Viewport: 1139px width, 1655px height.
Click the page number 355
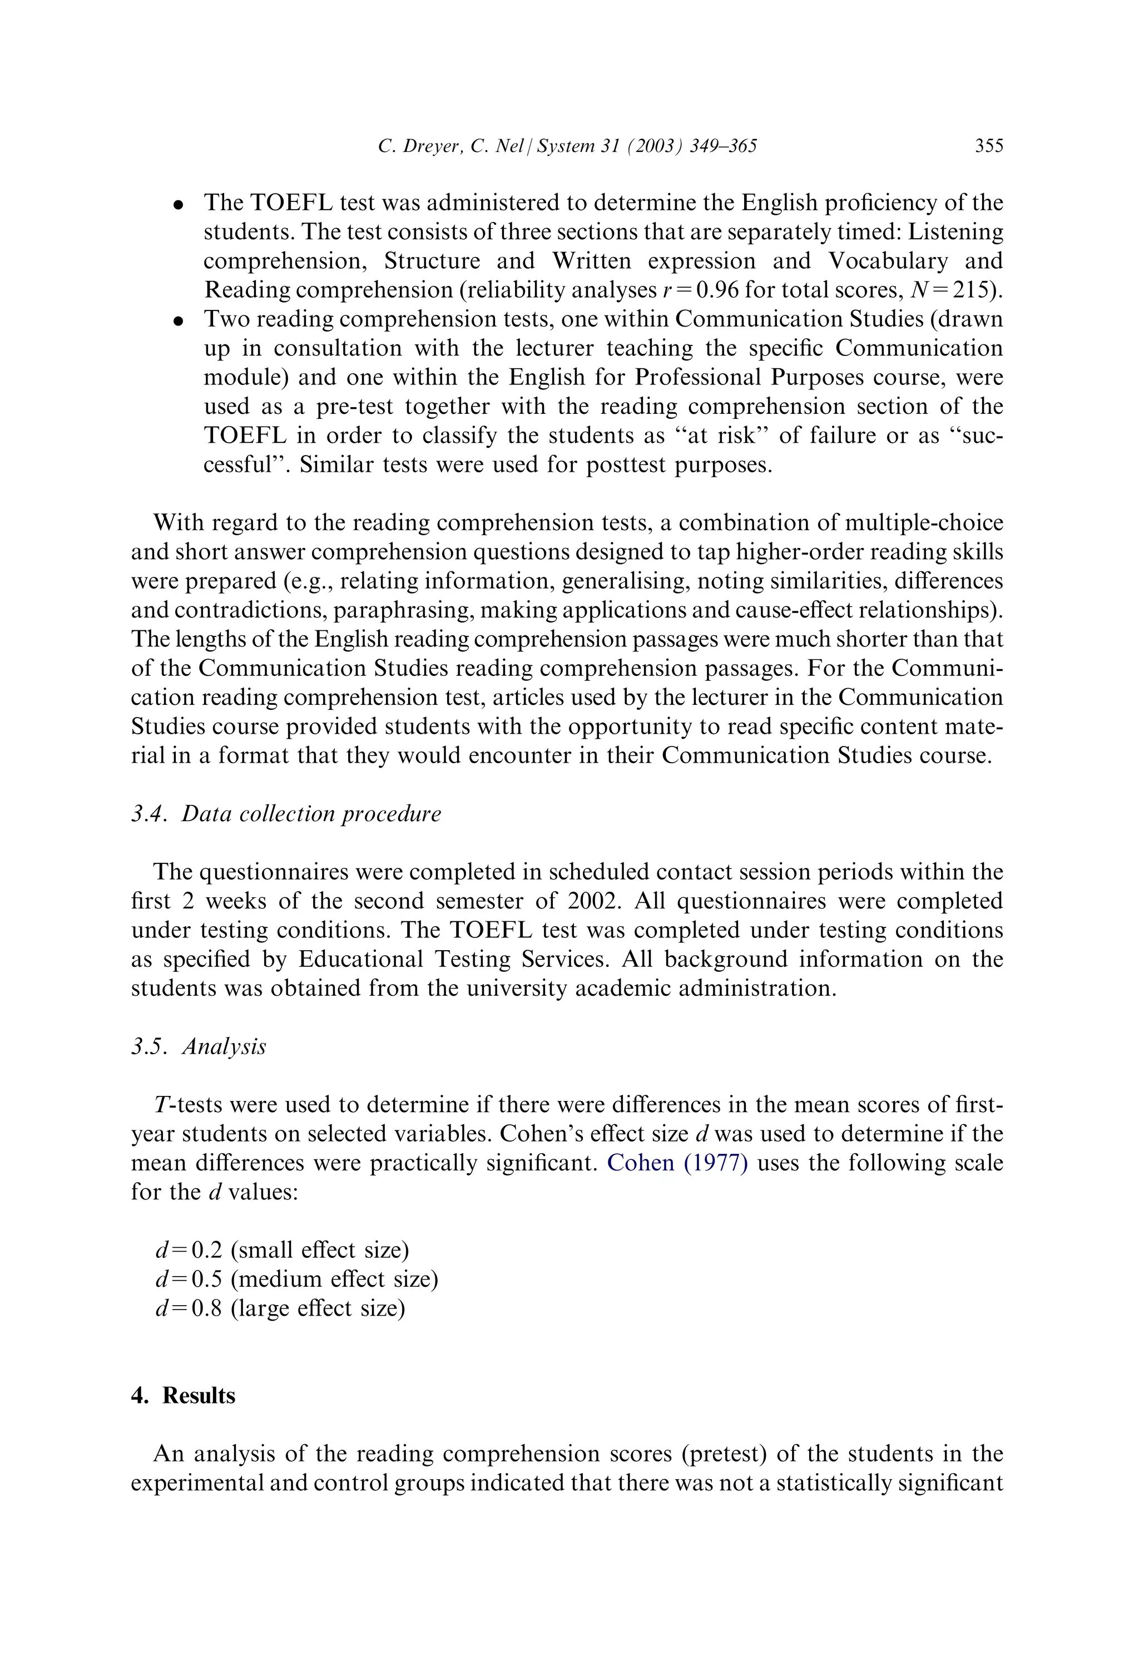point(988,146)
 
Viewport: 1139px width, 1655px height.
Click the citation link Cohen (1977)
point(676,1163)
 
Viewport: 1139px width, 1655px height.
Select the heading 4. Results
point(184,1395)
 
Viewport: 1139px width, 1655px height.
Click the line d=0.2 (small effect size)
point(282,1249)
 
